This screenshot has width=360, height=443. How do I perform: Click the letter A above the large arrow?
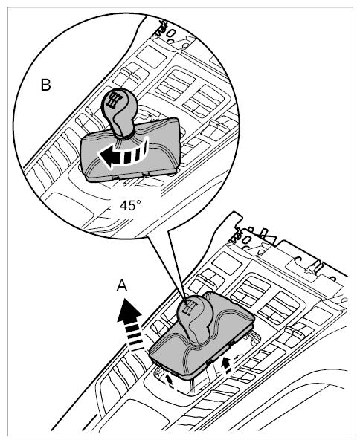[x=122, y=286]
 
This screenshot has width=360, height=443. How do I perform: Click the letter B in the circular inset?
[x=46, y=85]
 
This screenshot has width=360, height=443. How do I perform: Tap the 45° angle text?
[x=130, y=205]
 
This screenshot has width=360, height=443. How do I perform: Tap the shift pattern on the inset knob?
[x=114, y=100]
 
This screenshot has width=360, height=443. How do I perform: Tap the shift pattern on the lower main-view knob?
[x=187, y=306]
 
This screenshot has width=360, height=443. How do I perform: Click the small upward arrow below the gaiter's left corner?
[x=170, y=382]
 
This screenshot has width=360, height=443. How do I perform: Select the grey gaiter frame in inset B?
[x=131, y=149]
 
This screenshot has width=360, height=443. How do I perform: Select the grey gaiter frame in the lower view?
[x=202, y=336]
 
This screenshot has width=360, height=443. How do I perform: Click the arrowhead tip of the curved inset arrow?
[x=98, y=155]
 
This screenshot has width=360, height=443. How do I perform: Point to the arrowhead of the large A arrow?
[x=130, y=310]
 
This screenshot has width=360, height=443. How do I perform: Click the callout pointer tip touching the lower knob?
[x=185, y=299]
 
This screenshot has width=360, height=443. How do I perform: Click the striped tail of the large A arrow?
[x=135, y=337]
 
